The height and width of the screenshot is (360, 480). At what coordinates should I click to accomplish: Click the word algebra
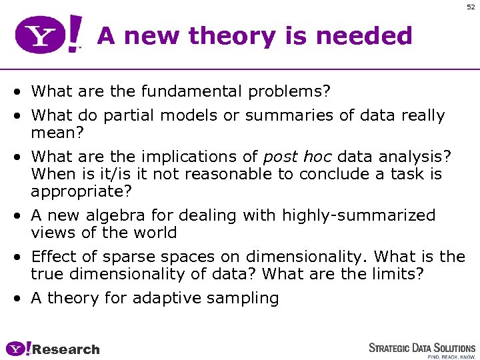pos(106,215)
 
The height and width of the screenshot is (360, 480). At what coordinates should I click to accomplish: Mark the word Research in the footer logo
pos(65,349)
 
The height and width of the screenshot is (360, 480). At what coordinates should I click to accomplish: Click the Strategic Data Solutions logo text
pos(422,347)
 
